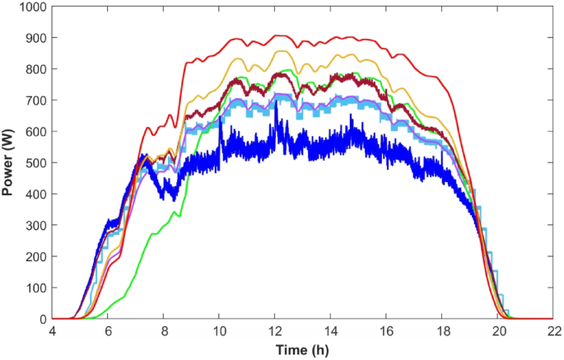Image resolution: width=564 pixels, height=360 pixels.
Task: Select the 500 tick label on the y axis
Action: pos(32,163)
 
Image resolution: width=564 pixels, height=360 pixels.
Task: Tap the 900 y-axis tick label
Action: pos(32,38)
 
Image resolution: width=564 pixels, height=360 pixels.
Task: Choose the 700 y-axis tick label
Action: pos(32,101)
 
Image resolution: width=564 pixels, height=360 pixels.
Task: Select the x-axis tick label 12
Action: pos(275,331)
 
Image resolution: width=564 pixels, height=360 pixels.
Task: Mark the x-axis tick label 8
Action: pos(163,331)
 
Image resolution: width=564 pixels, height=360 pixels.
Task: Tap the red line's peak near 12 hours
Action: pos(277,35)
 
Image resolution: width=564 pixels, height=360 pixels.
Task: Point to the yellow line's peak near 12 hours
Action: pos(277,51)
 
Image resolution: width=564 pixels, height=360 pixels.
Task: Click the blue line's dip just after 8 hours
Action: pos(172,198)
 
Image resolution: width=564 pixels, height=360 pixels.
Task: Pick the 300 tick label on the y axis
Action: pos(32,226)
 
